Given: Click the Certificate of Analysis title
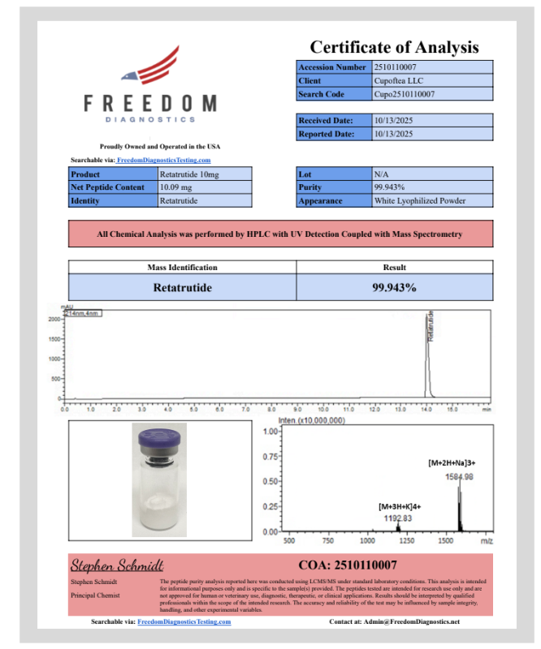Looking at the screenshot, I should (x=394, y=47).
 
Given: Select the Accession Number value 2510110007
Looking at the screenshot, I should (x=396, y=67).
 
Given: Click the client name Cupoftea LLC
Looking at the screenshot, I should (x=396, y=81).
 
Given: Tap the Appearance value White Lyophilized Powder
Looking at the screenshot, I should (x=419, y=200).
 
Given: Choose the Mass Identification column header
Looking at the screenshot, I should (x=182, y=267).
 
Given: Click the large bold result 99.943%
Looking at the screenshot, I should (x=394, y=287).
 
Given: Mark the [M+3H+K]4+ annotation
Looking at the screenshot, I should (x=400, y=506).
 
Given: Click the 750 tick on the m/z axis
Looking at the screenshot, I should (x=327, y=540).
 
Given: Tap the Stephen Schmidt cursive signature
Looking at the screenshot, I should (x=117, y=565).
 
